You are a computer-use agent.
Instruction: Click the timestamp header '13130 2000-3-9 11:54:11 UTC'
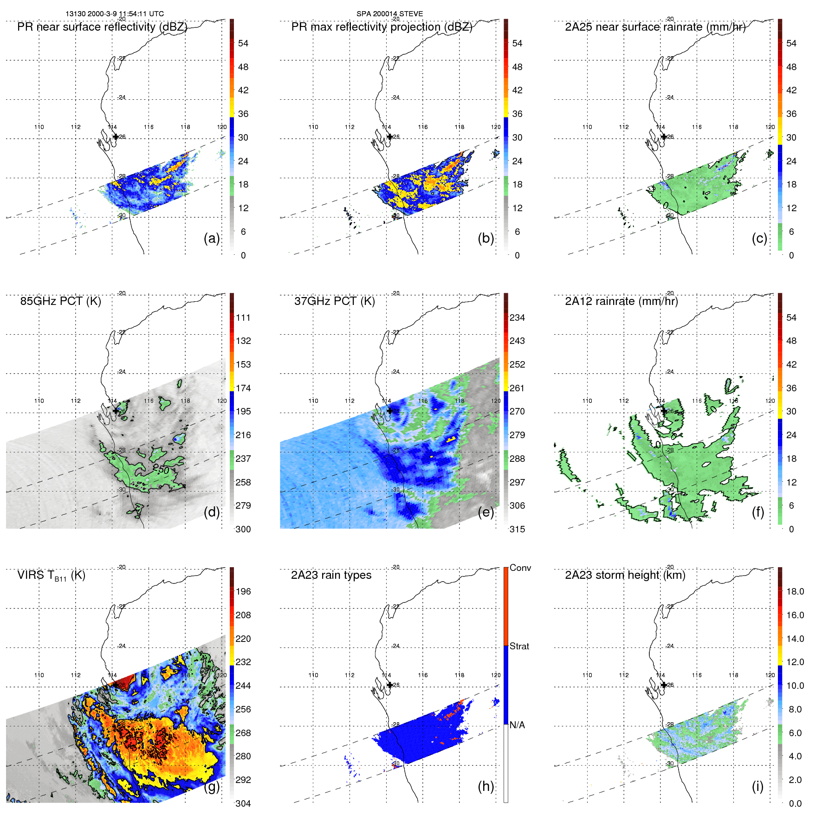(x=114, y=13)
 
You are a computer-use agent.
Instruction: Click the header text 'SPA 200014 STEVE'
(x=389, y=13)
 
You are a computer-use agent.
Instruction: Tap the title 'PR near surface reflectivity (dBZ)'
(x=102, y=27)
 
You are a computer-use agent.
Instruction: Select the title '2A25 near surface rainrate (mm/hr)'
(x=655, y=27)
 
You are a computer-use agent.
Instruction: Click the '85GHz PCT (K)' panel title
(x=60, y=301)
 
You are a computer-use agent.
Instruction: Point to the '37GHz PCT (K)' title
(x=334, y=301)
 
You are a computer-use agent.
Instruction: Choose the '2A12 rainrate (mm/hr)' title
(x=621, y=301)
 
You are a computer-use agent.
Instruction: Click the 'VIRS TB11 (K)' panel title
(x=51, y=576)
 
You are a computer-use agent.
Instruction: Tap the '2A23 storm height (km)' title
(x=625, y=575)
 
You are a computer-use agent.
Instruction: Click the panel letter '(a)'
(x=212, y=239)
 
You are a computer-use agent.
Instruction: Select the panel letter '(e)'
(x=485, y=512)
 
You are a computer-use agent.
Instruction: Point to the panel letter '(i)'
(x=757, y=786)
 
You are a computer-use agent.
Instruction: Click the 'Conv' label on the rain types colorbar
(x=520, y=568)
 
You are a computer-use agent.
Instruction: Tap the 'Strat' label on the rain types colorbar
(x=519, y=646)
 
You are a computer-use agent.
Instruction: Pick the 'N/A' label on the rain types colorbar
(x=517, y=725)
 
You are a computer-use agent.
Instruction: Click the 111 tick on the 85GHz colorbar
(x=243, y=317)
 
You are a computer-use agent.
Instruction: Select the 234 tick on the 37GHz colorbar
(x=517, y=317)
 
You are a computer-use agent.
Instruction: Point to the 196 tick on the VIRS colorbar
(x=243, y=591)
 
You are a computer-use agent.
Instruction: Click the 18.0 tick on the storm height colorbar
(x=795, y=591)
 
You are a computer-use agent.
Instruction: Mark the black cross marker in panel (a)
(x=116, y=137)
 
